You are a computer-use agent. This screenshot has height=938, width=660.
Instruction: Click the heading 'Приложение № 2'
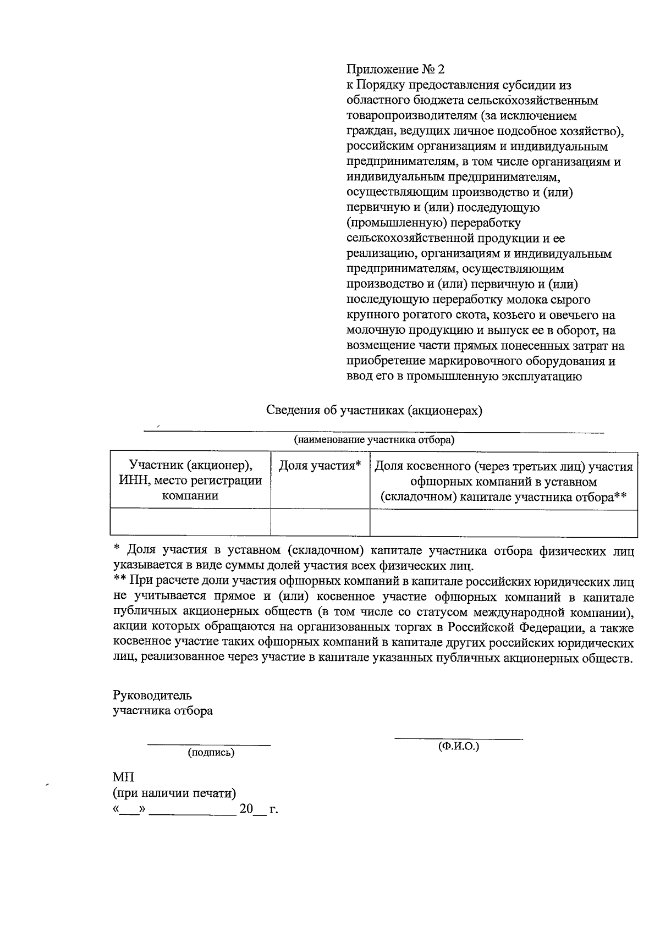click(395, 70)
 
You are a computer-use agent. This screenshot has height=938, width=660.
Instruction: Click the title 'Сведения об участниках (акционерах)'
click(374, 411)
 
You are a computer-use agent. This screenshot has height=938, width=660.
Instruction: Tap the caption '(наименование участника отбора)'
click(374, 440)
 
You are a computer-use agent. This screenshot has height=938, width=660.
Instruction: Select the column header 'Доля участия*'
click(320, 466)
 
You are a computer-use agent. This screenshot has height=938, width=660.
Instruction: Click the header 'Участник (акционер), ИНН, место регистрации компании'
click(190, 481)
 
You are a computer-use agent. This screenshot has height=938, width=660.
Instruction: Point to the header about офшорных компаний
click(504, 482)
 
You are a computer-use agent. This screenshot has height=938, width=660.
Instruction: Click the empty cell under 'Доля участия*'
click(320, 522)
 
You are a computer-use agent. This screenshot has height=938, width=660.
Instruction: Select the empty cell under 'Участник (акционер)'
click(190, 522)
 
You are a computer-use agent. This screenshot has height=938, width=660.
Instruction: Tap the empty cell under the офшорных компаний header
click(504, 522)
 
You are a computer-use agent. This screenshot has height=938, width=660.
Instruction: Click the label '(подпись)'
click(211, 753)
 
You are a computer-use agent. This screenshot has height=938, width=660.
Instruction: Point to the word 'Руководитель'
click(152, 695)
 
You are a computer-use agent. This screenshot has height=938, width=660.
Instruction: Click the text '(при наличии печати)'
click(174, 793)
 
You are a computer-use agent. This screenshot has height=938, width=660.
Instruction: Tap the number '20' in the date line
click(246, 809)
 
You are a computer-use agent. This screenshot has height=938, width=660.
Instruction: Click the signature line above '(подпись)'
click(209, 745)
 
